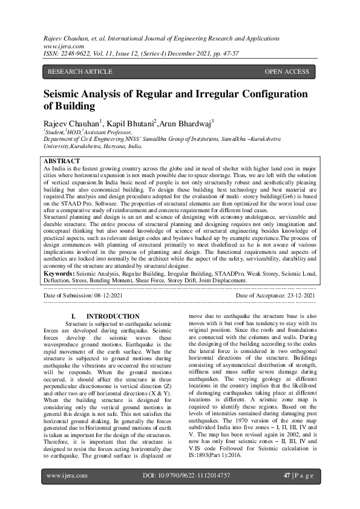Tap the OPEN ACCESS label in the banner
tap(287, 72)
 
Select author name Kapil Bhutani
tap(131, 124)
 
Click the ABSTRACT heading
tap(62, 161)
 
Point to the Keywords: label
tap(59, 274)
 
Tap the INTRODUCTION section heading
tap(113, 317)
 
